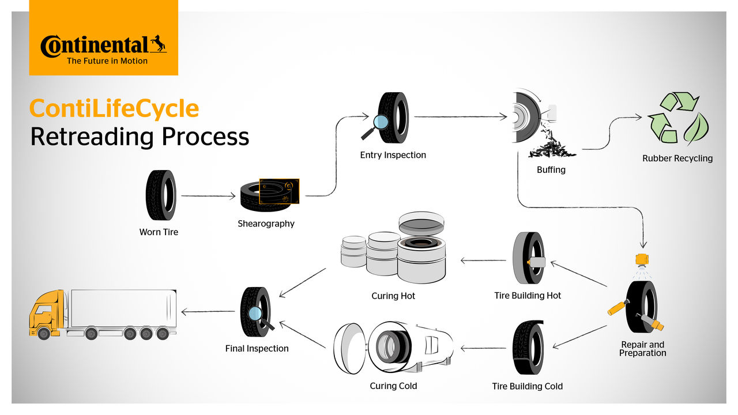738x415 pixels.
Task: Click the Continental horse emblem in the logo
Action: pos(157,44)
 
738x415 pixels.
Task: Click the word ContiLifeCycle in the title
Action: pos(114,108)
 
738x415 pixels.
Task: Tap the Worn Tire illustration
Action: pos(160,195)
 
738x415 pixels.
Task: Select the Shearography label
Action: pos(266,224)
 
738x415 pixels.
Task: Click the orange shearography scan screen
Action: pos(279,191)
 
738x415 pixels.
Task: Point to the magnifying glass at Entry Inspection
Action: pos(380,122)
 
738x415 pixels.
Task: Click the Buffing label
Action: pos(551,170)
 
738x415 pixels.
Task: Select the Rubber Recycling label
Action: pos(677,159)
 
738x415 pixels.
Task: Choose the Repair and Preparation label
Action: pos(642,349)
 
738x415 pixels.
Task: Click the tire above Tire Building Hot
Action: pos(528,258)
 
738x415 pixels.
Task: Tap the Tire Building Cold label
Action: pos(527,386)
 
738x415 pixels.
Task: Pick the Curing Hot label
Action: pos(393,296)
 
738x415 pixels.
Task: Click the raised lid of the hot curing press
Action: pos(421,222)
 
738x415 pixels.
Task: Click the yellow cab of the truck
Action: pos(46,314)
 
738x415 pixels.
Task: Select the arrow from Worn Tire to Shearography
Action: pos(208,196)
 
